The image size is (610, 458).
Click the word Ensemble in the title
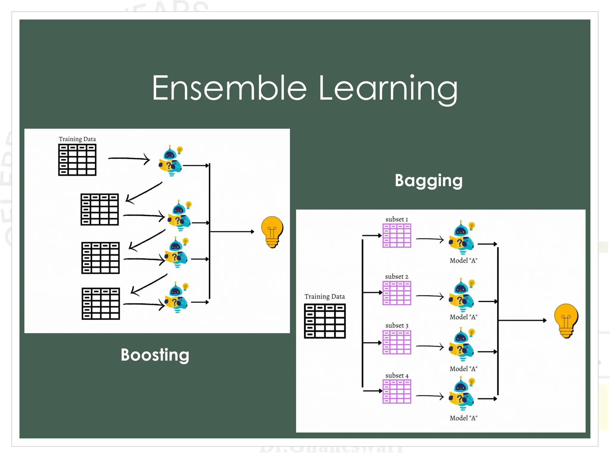click(x=229, y=88)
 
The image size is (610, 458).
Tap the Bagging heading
click(x=429, y=181)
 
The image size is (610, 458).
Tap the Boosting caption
click(x=155, y=355)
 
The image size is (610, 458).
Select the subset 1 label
click(x=396, y=219)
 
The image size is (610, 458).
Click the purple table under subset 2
click(x=397, y=293)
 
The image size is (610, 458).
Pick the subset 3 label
click(x=397, y=326)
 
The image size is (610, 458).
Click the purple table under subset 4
click(x=397, y=392)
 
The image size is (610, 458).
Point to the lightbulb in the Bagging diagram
click(x=566, y=321)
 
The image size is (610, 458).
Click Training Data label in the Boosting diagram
click(x=77, y=139)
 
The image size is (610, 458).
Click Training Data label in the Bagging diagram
click(x=325, y=297)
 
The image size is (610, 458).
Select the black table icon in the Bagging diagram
click(x=325, y=321)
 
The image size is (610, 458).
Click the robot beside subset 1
click(x=461, y=238)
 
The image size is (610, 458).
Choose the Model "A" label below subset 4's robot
click(x=463, y=418)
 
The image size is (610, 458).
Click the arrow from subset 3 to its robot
click(x=430, y=346)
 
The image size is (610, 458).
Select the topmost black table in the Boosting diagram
click(x=77, y=160)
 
